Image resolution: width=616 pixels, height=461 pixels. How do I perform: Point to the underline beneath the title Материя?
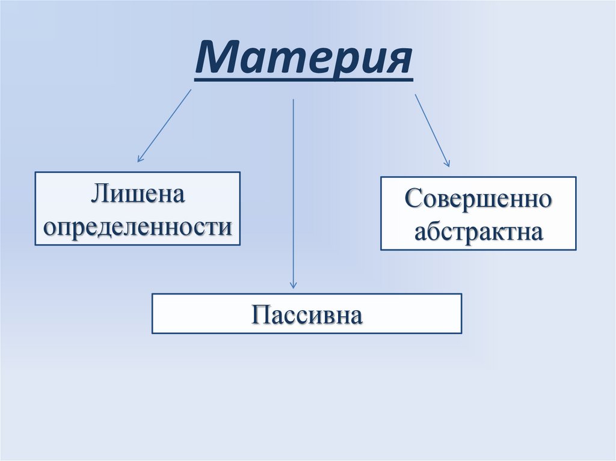(303, 79)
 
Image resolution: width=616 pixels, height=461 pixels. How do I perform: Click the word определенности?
(138, 227)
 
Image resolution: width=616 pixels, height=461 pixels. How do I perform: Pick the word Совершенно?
(478, 198)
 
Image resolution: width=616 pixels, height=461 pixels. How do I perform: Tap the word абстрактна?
(478, 231)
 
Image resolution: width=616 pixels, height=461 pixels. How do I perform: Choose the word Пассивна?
(307, 314)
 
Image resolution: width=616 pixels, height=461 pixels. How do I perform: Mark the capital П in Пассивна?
(259, 314)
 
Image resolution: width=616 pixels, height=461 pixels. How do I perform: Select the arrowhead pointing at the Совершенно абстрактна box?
(448, 164)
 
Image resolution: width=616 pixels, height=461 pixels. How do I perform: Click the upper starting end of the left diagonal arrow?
(191, 90)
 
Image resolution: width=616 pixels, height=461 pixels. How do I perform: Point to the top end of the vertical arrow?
(293, 99)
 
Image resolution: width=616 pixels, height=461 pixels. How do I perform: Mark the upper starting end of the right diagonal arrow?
(415, 94)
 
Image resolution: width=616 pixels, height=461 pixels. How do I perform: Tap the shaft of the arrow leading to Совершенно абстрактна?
(431, 129)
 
